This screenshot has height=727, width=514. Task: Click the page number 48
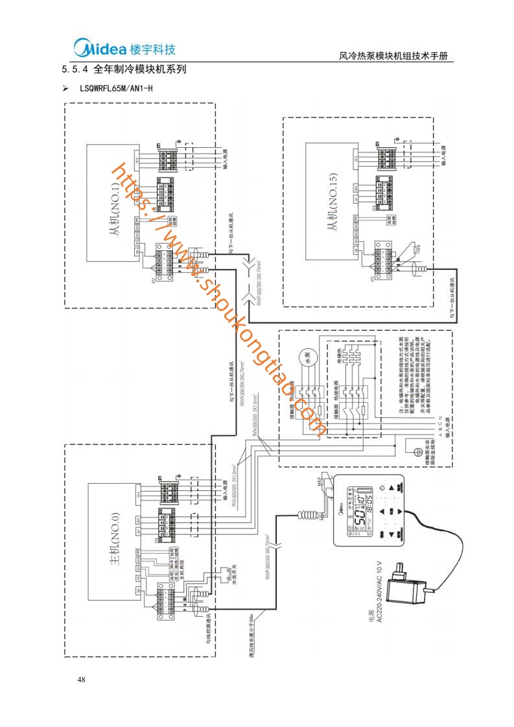[81, 680]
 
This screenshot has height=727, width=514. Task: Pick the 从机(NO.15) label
[334, 208]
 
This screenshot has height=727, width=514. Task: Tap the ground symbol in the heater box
[418, 447]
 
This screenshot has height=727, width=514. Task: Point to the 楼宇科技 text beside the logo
[153, 49]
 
